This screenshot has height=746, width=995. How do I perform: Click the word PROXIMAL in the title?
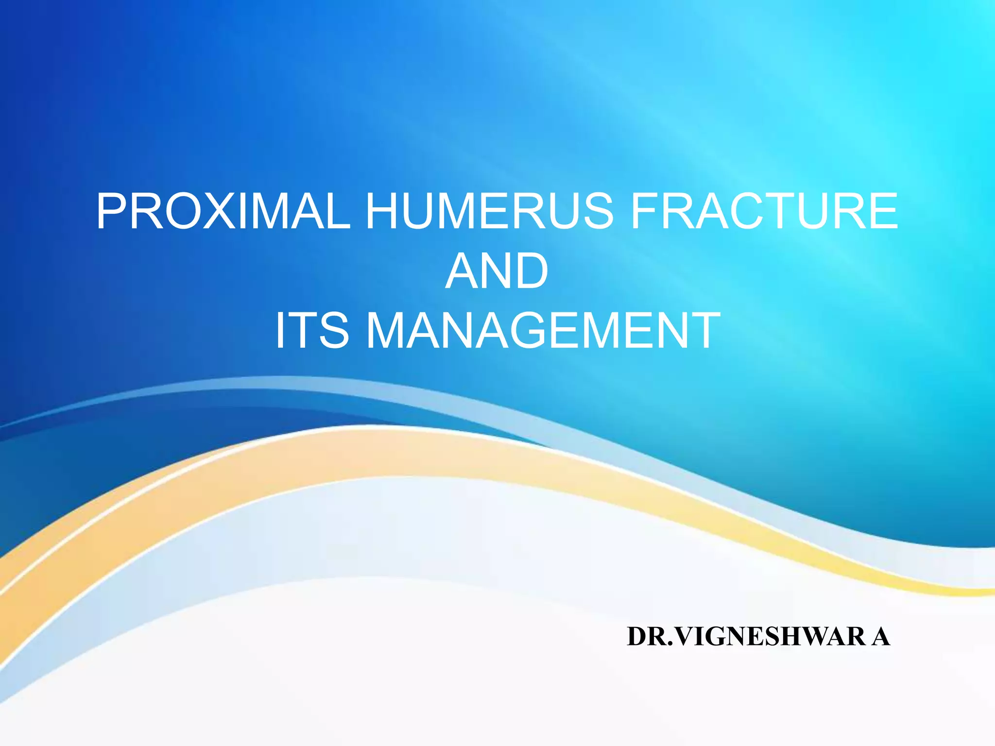223,211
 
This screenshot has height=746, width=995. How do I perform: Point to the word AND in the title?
497,271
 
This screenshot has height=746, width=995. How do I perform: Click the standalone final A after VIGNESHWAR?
880,637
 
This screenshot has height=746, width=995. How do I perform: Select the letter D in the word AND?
531,271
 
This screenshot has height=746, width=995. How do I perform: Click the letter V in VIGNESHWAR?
686,637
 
